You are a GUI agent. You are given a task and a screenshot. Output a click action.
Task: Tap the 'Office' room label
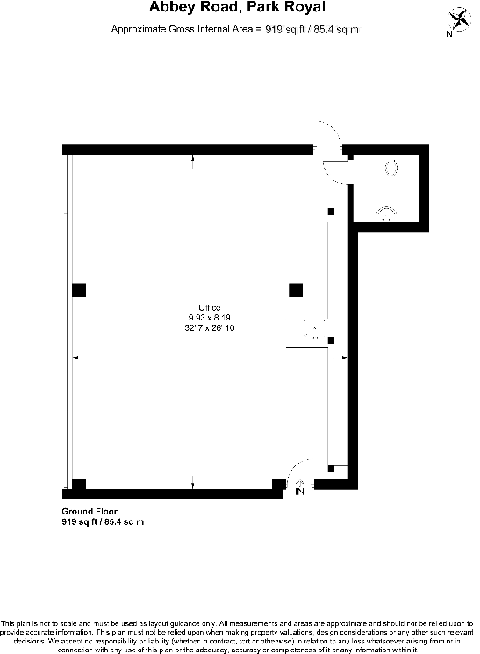coord(208,306)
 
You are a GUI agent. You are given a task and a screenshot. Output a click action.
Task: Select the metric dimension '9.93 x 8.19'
coord(208,316)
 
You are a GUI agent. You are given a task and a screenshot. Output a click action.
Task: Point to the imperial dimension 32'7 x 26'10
coord(208,327)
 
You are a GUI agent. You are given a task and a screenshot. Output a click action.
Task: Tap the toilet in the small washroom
coord(390,164)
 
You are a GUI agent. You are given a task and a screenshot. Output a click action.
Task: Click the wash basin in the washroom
coord(386,212)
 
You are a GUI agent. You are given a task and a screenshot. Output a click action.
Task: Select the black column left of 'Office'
coord(79,289)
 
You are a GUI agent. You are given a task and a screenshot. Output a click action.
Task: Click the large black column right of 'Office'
coord(296,289)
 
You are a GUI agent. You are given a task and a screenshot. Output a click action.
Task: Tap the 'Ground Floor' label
coord(89,511)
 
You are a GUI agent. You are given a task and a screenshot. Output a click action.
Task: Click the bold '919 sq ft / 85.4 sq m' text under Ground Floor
coord(102,521)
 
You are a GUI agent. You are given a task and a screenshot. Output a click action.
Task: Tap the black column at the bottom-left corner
coord(79,484)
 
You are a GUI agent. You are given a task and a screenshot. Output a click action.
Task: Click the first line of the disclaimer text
coord(240,622)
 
